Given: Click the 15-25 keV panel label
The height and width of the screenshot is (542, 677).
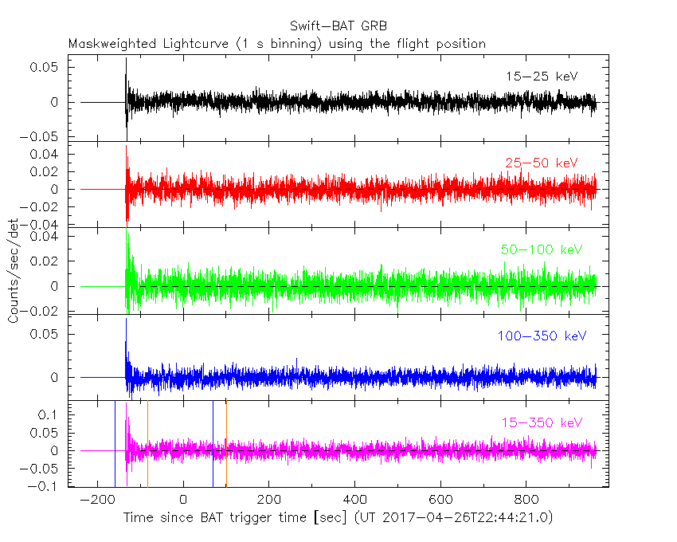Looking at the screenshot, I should point(541,77).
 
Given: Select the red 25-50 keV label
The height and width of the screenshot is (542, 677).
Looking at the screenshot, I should point(541,163).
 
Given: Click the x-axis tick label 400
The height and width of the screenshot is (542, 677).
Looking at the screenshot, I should point(354,500).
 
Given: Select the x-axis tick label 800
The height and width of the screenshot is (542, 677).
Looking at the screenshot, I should point(526,500).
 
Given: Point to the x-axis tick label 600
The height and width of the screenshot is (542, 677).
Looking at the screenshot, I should point(440,500).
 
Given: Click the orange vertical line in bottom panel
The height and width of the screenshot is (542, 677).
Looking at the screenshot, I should point(226,443).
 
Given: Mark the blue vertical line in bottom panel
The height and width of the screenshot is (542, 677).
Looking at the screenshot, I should point(115,443).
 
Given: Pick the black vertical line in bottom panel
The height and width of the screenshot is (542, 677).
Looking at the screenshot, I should point(213,443).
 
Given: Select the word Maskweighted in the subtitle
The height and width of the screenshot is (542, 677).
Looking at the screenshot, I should point(113,44).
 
